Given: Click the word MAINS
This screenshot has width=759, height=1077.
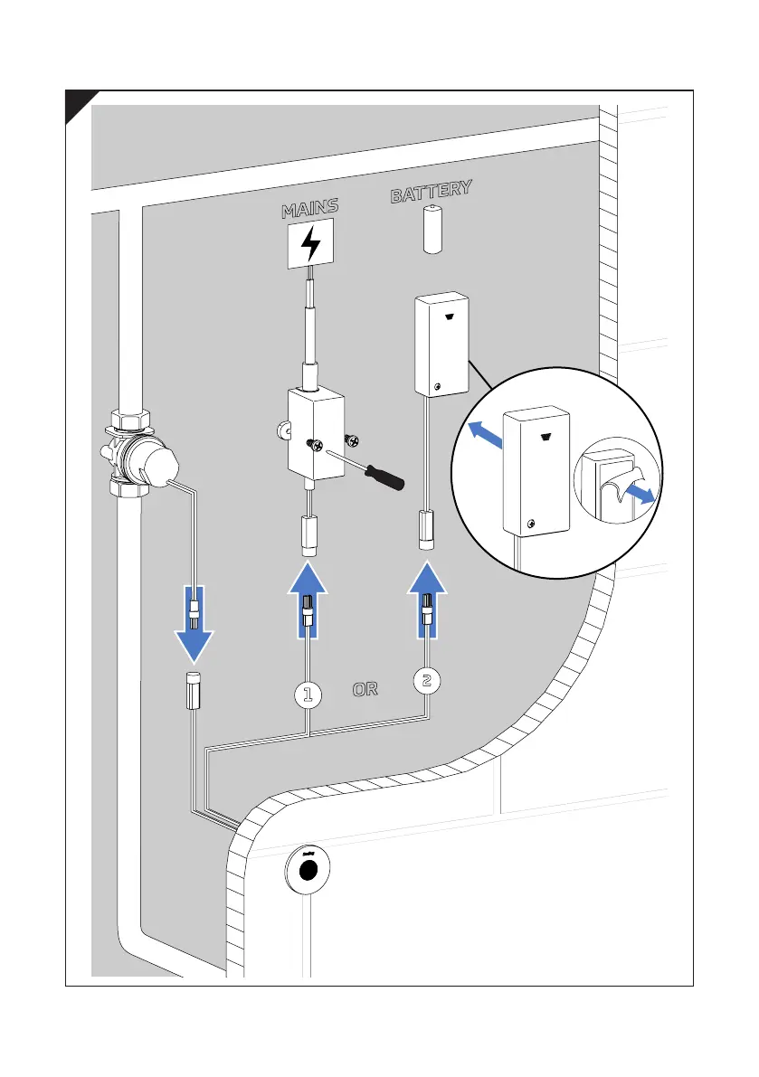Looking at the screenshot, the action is tap(309, 209).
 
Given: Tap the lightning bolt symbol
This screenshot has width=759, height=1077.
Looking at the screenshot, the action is tap(309, 244).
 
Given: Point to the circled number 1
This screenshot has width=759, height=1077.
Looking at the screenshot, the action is tap(308, 694).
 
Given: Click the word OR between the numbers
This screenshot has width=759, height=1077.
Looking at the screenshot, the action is tap(365, 689).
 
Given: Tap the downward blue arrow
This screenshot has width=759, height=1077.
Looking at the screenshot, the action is tap(194, 624).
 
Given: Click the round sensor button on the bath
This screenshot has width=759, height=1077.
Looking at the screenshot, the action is tap(308, 869).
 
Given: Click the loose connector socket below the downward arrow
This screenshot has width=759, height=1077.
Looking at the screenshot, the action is tap(193, 692).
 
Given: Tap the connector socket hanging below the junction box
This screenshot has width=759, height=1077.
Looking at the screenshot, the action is tap(308, 535).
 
